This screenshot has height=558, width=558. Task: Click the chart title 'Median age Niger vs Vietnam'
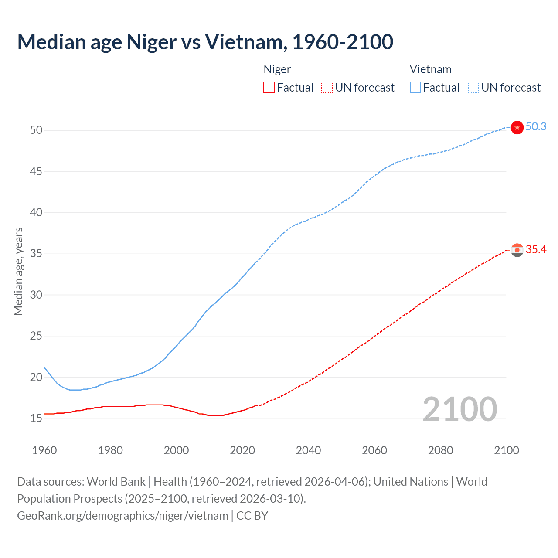click(205, 42)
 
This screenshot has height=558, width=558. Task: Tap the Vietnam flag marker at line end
click(517, 127)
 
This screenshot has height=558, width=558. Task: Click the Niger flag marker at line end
click(517, 250)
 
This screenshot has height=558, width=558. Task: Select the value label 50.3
click(536, 126)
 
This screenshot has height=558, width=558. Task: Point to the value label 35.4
click(536, 249)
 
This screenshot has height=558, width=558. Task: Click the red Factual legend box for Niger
click(269, 87)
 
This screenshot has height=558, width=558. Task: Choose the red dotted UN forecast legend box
click(327, 87)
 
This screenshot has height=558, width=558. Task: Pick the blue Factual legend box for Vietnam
click(415, 87)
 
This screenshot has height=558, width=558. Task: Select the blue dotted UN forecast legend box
click(473, 87)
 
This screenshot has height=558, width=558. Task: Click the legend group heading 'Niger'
click(277, 69)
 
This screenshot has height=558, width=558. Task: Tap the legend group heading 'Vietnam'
click(430, 69)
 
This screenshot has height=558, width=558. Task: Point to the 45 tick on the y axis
click(36, 171)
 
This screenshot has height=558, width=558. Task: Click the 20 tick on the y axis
click(36, 377)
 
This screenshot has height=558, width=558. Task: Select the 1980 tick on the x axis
click(110, 450)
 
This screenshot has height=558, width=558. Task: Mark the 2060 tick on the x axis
click(374, 450)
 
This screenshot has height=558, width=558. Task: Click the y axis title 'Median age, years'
click(18, 271)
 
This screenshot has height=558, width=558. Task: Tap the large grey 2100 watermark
click(459, 409)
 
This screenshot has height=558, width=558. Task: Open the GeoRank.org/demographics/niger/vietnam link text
click(122, 516)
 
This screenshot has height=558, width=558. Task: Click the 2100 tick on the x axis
click(507, 450)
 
